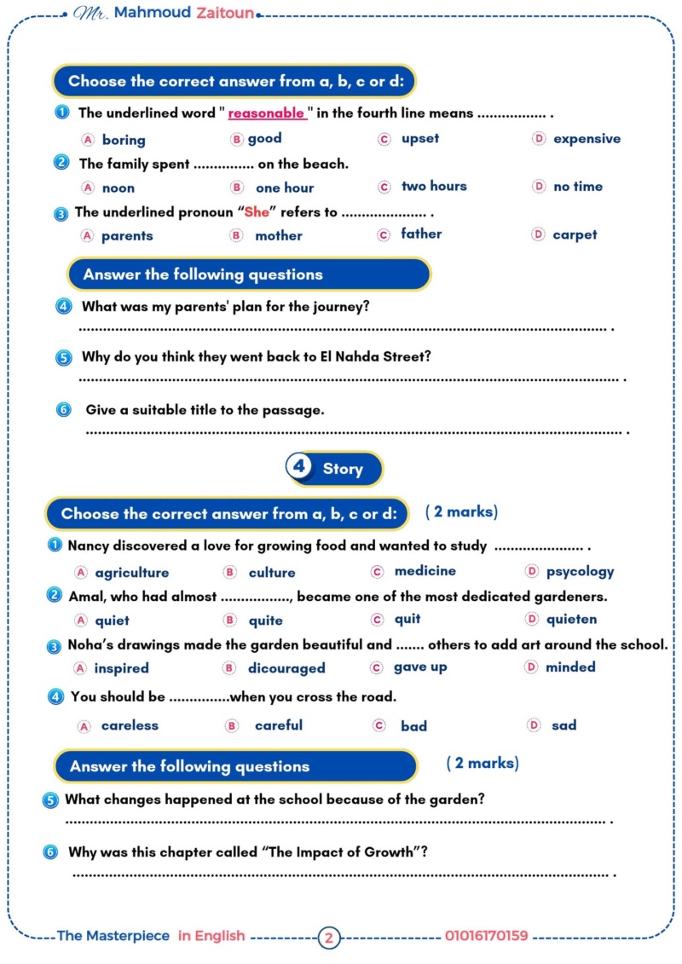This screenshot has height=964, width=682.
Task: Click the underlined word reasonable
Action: tap(266, 113)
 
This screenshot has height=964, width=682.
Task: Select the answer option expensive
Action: tap(587, 139)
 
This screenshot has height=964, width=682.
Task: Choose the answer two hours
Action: tap(434, 187)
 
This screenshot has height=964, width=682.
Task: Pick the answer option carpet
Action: tap(575, 234)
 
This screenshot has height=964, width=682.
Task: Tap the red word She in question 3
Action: tap(257, 213)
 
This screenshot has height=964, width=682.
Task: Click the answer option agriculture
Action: tap(131, 573)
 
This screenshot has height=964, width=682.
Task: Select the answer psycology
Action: tap(580, 572)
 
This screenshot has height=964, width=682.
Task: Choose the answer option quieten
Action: tap(571, 620)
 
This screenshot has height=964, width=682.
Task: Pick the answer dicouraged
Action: tap(286, 668)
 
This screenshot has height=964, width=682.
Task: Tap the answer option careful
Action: tap(278, 725)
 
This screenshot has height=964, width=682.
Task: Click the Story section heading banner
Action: tap(336, 469)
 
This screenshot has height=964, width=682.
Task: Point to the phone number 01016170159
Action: tap(486, 936)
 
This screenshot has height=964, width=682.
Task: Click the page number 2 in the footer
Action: tap(329, 938)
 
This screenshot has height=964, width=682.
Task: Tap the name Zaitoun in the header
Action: tap(225, 14)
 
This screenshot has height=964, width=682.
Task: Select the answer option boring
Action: tap(124, 140)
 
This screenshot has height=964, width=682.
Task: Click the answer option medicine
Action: tap(425, 571)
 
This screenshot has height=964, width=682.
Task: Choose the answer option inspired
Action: tap(121, 668)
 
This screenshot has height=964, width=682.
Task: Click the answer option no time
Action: tap(578, 187)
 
